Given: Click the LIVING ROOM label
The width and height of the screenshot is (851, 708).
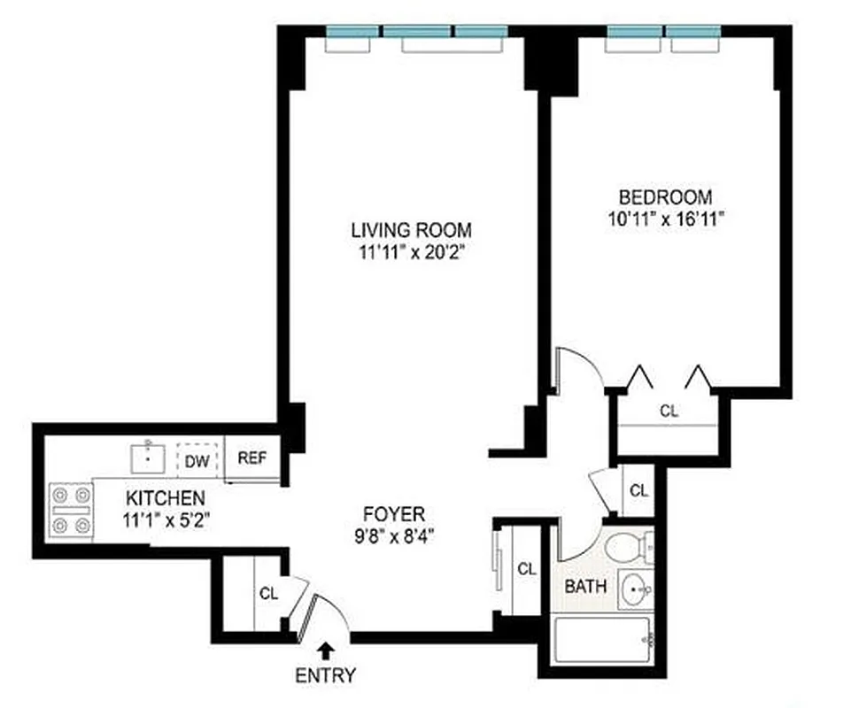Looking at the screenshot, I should point(411,229).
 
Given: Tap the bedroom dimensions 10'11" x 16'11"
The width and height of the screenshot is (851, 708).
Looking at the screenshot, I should point(665,219).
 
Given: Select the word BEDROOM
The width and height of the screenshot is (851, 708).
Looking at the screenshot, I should point(665,196).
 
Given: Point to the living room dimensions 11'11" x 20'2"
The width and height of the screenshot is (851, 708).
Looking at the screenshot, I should point(410,251).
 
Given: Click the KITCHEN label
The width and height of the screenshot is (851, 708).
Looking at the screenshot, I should point(166,497).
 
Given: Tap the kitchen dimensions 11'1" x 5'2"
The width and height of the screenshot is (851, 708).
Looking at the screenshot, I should point(166,517).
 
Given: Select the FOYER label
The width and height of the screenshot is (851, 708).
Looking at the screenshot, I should point(395,513).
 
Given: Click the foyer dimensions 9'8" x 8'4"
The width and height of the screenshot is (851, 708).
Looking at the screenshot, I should point(395,535).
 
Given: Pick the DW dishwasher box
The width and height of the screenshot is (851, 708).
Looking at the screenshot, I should point(200,459).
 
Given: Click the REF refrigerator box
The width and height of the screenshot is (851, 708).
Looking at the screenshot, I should point(252,459).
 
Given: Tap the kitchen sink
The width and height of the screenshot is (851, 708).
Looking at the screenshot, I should point(147,459).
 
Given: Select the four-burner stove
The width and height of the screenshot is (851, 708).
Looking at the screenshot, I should point(72,511).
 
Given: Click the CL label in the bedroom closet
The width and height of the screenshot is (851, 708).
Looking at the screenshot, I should point(670,411).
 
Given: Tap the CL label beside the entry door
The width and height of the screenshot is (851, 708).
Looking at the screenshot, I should point(268,594).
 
